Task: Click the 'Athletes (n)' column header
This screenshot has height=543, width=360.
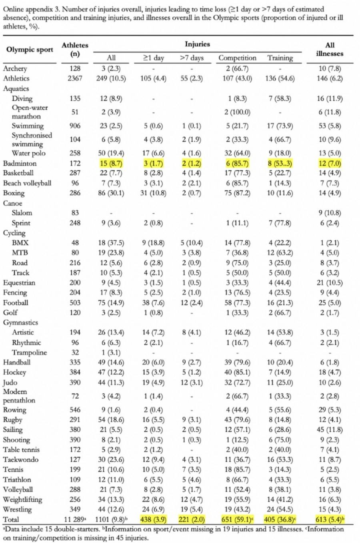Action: click(x=75, y=50)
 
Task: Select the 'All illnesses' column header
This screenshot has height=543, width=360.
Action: click(x=330, y=49)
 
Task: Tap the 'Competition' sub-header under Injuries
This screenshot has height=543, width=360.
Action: click(x=237, y=58)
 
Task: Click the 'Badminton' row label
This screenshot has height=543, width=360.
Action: click(x=20, y=163)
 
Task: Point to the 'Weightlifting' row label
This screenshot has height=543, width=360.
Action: click(x=22, y=499)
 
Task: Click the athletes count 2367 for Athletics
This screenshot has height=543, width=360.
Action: click(x=75, y=78)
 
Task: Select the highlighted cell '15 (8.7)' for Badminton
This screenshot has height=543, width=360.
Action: click(x=112, y=163)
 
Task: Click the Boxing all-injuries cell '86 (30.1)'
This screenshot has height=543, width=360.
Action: click(x=112, y=193)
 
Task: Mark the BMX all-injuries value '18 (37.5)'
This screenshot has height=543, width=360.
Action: click(x=112, y=243)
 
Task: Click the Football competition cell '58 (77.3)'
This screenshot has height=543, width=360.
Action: click(x=237, y=303)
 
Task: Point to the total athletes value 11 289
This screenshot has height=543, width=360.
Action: click(x=74, y=519)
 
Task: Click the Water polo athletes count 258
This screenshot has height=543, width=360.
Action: click(x=75, y=153)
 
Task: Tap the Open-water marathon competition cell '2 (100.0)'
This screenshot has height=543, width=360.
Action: click(x=237, y=112)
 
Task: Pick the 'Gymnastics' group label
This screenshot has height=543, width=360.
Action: click(x=21, y=322)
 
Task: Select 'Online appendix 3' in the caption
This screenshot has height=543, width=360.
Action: click(x=30, y=9)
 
